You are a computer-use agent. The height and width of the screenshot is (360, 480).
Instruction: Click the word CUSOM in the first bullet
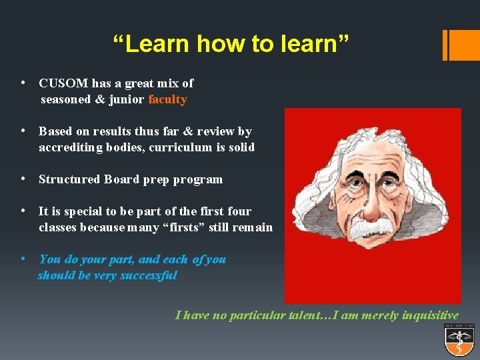pos(64,83)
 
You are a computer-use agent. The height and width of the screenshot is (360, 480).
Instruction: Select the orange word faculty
pos(167,100)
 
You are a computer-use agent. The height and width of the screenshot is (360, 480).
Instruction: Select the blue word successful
pos(147,275)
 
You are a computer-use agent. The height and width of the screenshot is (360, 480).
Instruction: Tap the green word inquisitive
pos(431,315)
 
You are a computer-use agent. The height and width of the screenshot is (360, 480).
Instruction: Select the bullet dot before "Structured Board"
pos(24,179)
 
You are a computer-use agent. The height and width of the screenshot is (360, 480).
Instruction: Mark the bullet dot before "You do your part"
pos(24,259)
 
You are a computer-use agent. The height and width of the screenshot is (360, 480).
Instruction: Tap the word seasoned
pos(65,100)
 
